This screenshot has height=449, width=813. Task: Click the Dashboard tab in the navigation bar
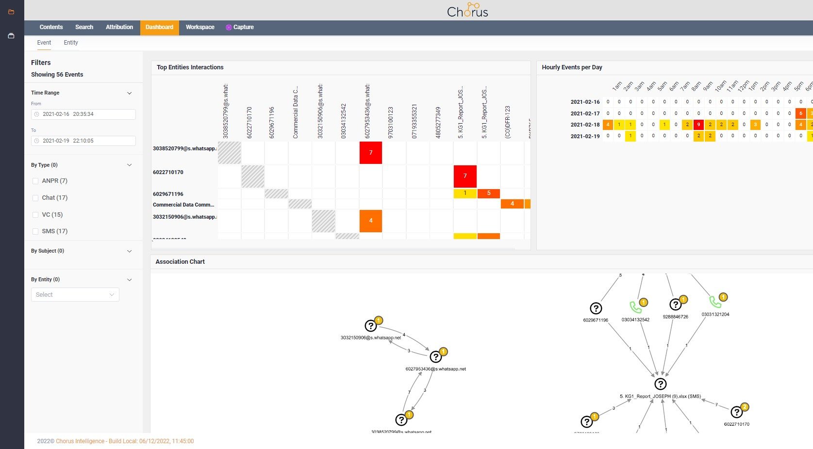tap(159, 27)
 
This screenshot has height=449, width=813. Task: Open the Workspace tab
tap(200, 27)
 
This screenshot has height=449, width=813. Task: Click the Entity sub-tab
tap(71, 43)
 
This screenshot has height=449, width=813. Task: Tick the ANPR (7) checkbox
tap(35, 181)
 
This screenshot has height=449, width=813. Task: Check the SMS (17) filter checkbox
tap(35, 231)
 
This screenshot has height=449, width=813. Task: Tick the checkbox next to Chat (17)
tap(35, 198)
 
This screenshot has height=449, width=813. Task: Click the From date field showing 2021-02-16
tap(83, 114)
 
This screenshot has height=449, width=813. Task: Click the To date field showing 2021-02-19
tap(83, 141)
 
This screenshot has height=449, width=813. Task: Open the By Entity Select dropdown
tap(75, 295)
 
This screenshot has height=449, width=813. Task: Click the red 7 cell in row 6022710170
tap(465, 176)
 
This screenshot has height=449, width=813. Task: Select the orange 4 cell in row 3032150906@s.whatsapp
tap(371, 221)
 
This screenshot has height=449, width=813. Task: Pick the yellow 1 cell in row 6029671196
tap(465, 193)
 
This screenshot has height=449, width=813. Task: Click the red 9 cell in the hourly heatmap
tap(698, 125)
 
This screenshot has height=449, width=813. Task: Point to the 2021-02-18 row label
tap(585, 125)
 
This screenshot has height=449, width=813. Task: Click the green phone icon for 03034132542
tap(635, 307)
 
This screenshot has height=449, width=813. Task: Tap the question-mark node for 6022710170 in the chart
tap(736, 412)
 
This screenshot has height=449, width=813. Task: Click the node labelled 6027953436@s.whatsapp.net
tap(436, 357)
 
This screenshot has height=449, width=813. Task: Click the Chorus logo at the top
tap(467, 10)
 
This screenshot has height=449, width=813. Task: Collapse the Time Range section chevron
tap(130, 93)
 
